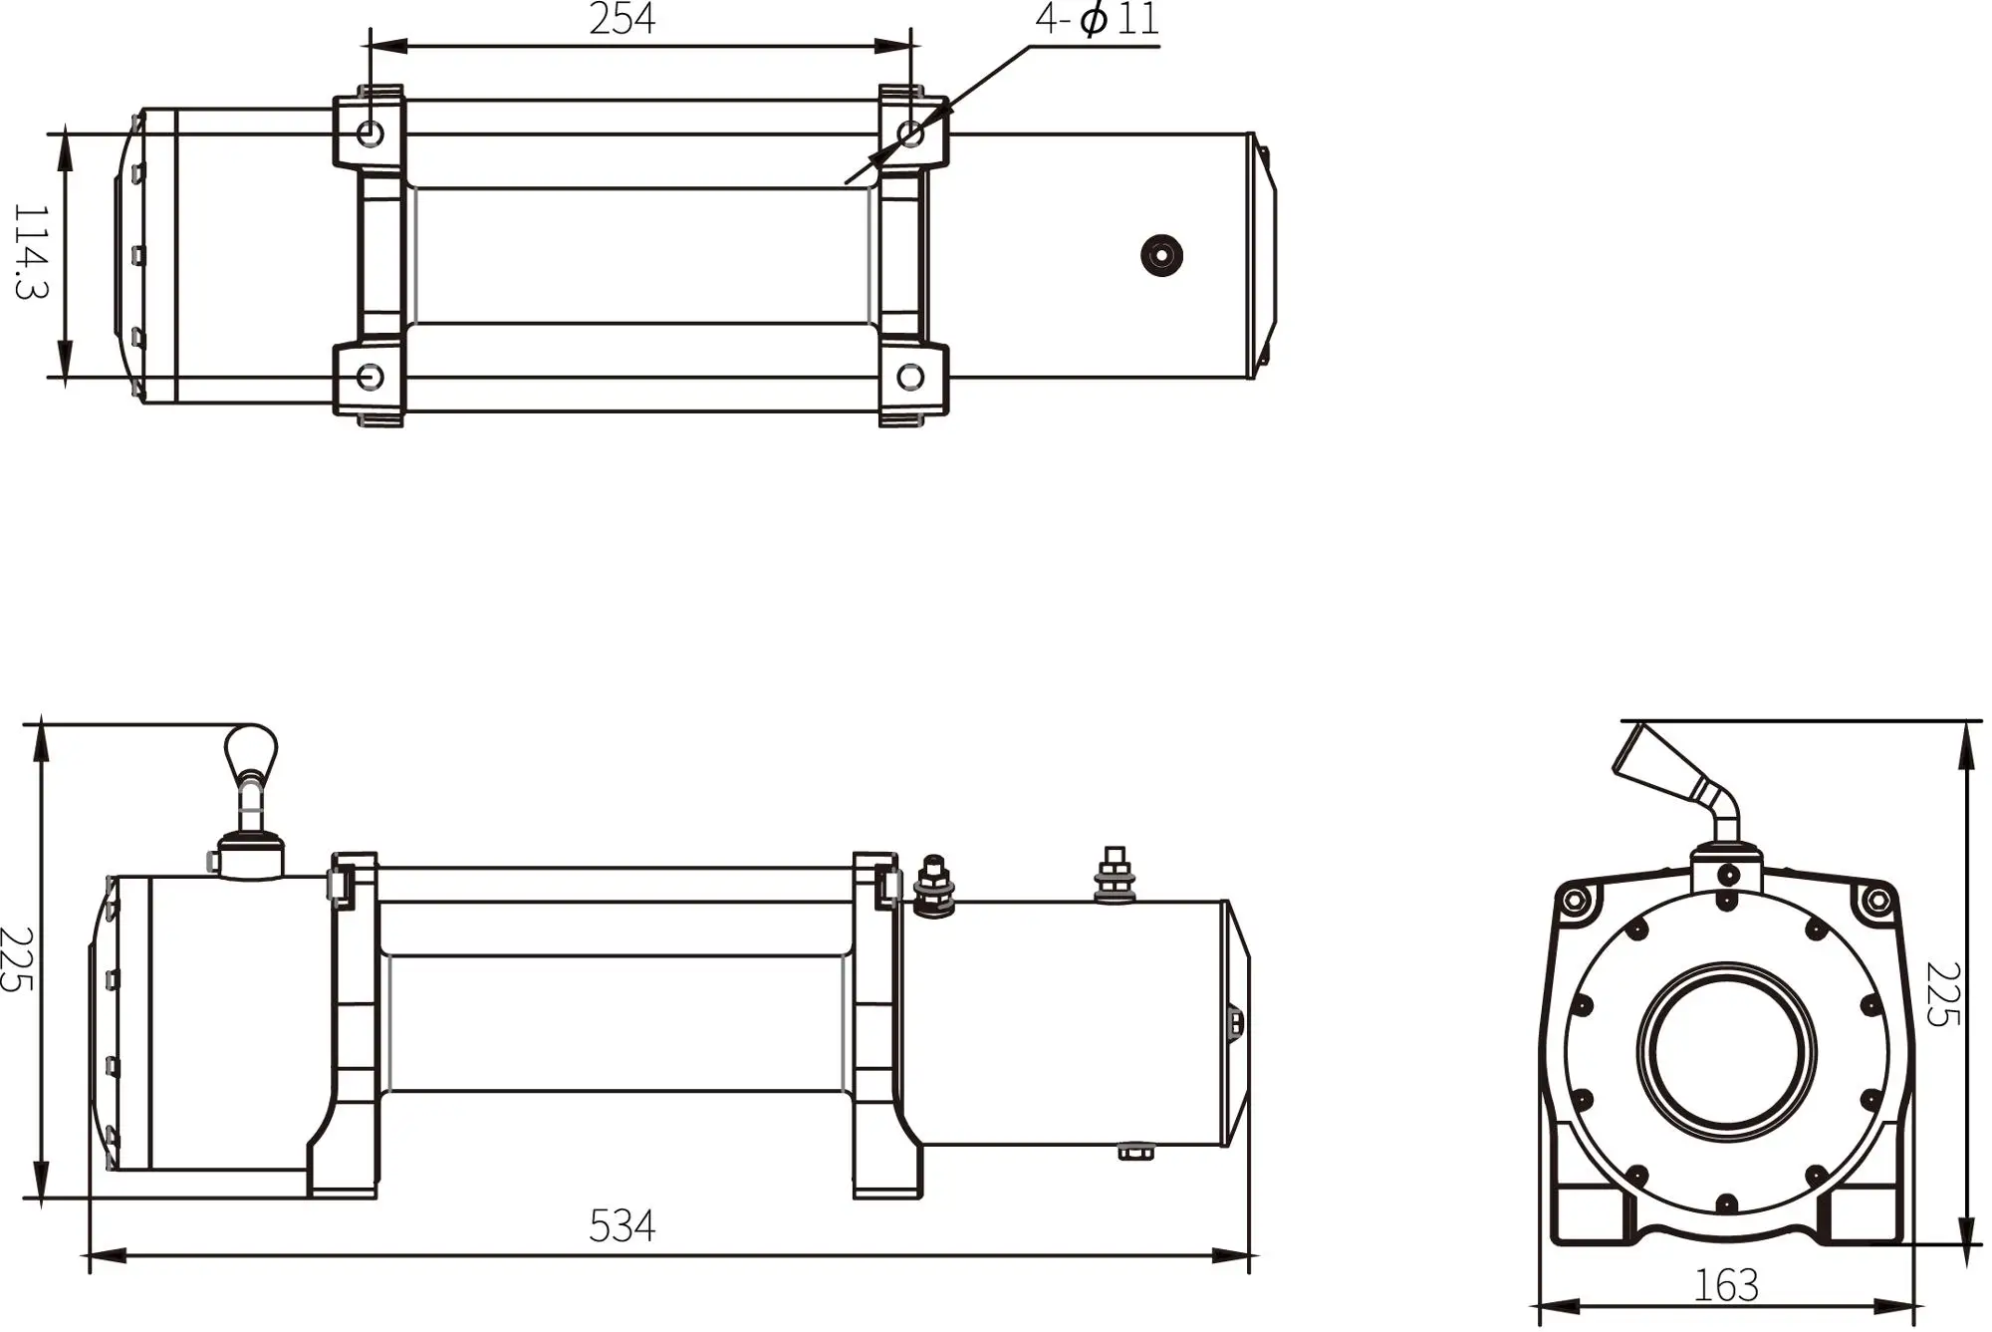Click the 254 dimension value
[x=622, y=20]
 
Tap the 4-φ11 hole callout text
[x=1098, y=20]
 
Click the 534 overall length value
[x=622, y=1226]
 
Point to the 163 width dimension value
[x=1726, y=1286]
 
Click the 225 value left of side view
[x=17, y=959]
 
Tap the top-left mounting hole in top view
[x=370, y=132]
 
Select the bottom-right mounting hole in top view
[x=910, y=377]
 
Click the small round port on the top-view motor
[x=1161, y=255]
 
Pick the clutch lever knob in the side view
[x=251, y=750]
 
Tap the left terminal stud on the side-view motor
[x=933, y=884]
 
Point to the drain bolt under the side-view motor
[x=1136, y=1153]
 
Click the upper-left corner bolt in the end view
[x=1575, y=902]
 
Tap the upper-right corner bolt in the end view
[x=1877, y=902]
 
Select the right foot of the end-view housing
[x=1861, y=1215]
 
